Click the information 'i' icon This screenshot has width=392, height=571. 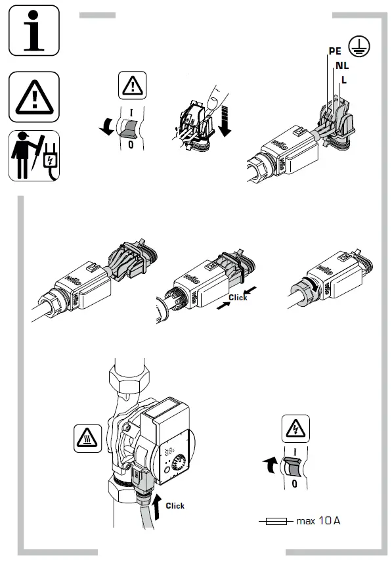(33, 30)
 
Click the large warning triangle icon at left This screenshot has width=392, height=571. (33, 97)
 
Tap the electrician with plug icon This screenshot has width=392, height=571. (33, 156)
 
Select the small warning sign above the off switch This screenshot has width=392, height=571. (132, 85)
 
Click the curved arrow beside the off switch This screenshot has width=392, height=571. (105, 129)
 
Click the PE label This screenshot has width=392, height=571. (335, 51)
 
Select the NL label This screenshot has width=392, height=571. (341, 65)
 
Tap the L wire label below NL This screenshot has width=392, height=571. (343, 80)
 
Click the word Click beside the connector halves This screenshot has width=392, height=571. (238, 298)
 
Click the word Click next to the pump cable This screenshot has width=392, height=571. (175, 505)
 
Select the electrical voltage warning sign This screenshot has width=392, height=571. (295, 429)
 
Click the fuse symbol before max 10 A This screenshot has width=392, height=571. (276, 521)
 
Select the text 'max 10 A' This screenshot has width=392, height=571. (318, 521)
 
